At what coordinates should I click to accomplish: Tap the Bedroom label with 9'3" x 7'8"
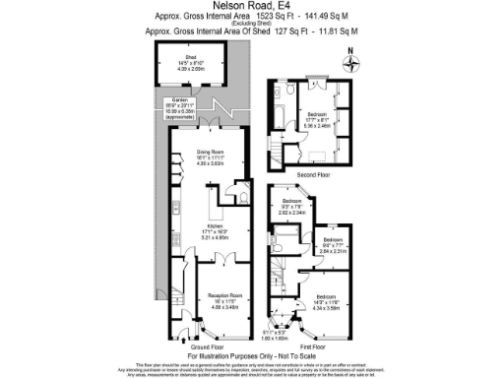[295, 205]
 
